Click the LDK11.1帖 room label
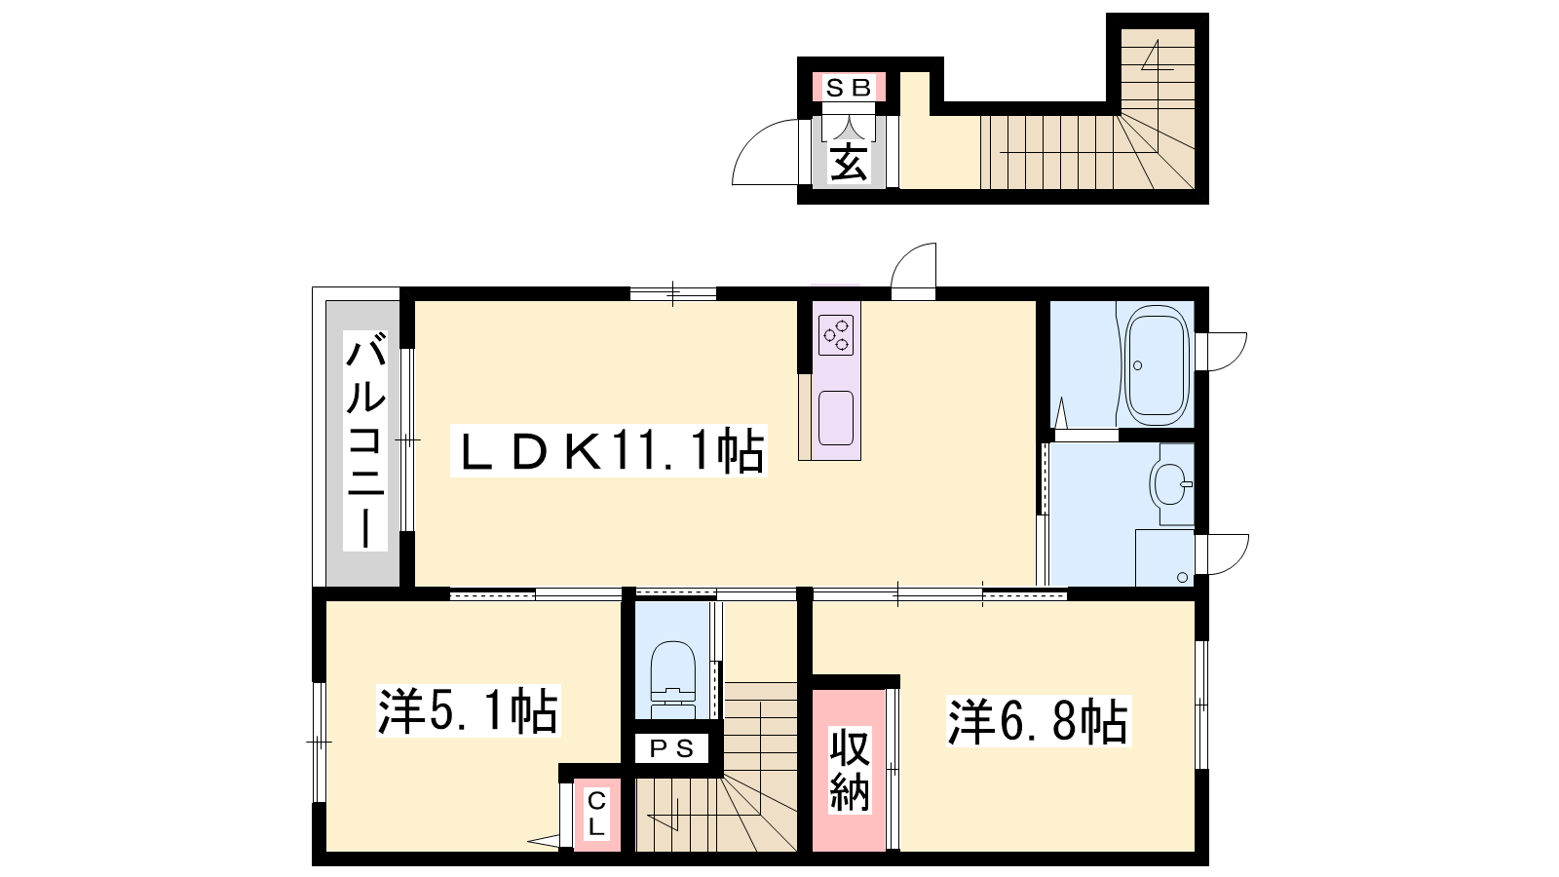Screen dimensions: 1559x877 (x=609, y=450)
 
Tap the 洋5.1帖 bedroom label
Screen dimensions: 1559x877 (x=469, y=710)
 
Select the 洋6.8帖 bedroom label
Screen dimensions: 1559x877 (x=1039, y=720)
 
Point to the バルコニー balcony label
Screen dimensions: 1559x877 (x=365, y=440)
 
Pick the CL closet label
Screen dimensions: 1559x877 (x=596, y=815)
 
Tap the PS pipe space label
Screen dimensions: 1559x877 (x=671, y=749)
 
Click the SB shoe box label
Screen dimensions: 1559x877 (x=849, y=88)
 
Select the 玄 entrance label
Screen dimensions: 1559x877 (x=849, y=164)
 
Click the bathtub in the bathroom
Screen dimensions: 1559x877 (x=1156, y=369)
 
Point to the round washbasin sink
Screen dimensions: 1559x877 (x=1170, y=483)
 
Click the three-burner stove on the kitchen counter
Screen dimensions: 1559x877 (x=836, y=335)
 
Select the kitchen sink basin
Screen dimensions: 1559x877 (x=836, y=418)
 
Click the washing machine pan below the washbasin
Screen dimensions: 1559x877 (x=1164, y=557)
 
